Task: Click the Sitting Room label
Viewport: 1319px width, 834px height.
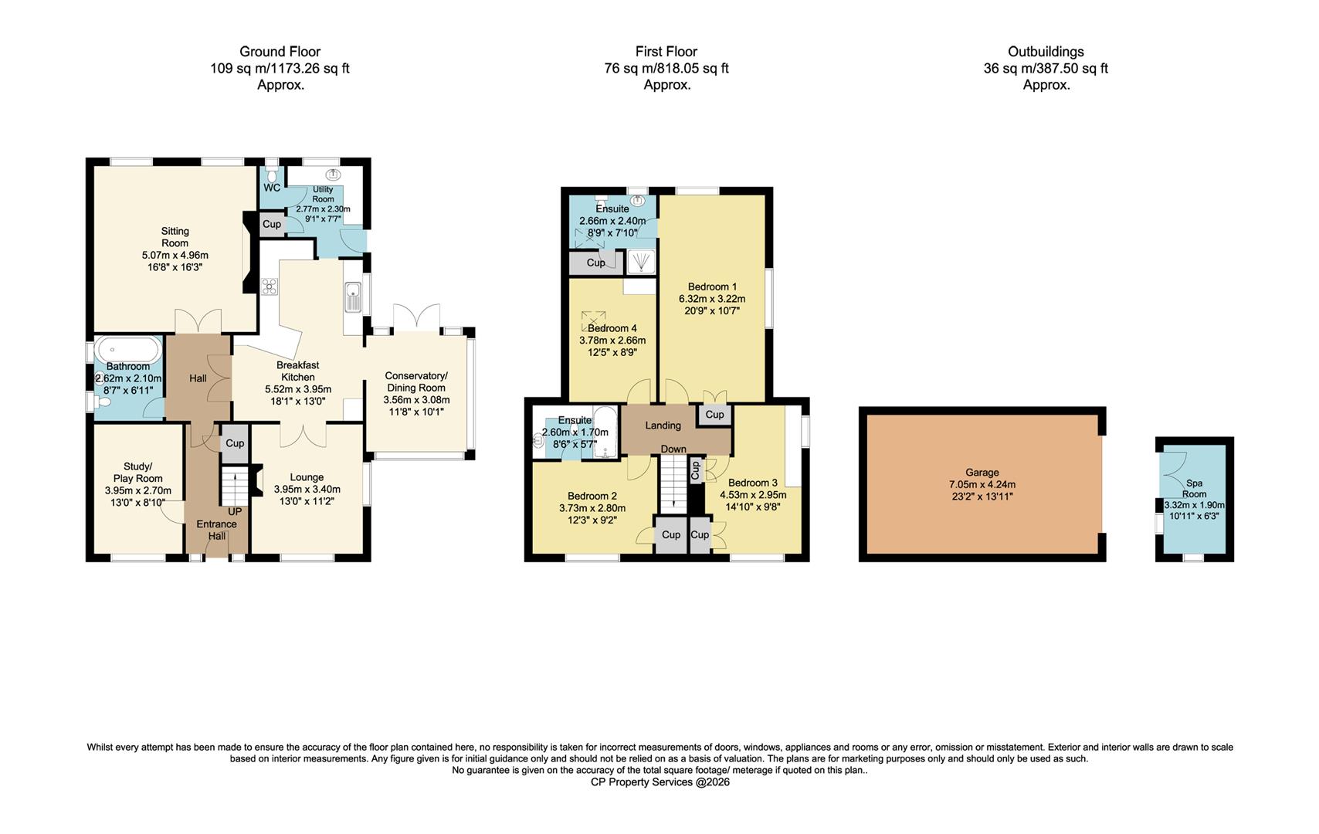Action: [175, 236]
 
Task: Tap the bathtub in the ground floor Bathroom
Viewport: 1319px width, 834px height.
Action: [128, 352]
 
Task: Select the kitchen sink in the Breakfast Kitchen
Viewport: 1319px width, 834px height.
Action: [353, 297]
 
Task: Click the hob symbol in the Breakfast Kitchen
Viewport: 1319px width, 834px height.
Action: [270, 287]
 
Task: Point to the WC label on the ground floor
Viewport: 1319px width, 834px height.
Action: [272, 188]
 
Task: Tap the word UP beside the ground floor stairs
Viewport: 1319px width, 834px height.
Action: [235, 512]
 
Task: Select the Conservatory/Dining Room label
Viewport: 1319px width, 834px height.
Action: [416, 381]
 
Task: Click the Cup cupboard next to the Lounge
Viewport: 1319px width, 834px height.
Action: [235, 443]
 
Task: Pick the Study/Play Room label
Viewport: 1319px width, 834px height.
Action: [138, 472]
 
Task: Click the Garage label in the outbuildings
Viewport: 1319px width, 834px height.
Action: [982, 473]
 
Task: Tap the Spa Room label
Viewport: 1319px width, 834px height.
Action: [1194, 489]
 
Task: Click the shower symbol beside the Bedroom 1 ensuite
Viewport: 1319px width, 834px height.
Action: [641, 263]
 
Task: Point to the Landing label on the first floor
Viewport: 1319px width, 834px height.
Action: [663, 425]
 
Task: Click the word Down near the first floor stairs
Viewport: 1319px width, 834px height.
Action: [673, 449]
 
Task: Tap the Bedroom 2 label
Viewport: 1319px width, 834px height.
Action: [592, 496]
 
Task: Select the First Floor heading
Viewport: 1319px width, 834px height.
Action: [666, 52]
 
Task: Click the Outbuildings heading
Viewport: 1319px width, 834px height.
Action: [1045, 52]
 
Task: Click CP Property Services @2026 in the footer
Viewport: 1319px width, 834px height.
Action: [659, 782]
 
